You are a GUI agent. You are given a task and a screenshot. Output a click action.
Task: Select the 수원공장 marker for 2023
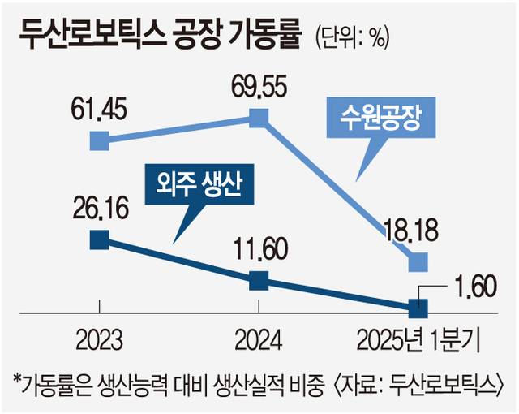98,142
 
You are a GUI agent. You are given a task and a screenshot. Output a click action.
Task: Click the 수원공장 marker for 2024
258,119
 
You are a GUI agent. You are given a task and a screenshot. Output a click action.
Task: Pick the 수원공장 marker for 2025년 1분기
418,262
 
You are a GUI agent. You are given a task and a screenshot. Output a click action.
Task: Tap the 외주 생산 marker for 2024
258,281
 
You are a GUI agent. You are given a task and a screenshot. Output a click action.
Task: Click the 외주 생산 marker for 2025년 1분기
418,308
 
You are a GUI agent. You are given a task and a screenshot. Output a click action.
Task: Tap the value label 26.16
99,209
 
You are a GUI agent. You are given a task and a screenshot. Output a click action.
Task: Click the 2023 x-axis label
99,339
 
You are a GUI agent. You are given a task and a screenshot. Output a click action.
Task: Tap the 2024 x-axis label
258,339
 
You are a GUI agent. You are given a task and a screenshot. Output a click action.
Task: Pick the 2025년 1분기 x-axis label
418,339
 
